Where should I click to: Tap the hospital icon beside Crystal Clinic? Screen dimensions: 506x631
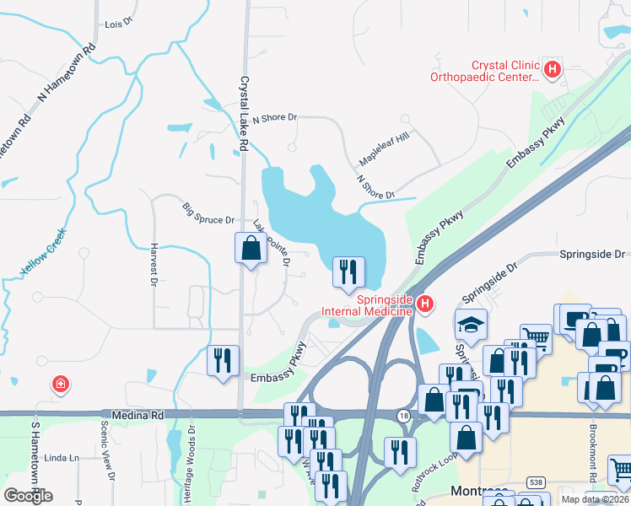click(x=553, y=69)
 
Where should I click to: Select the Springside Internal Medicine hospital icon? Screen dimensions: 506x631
click(x=426, y=304)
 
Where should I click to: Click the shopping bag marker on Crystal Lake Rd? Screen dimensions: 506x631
click(x=251, y=249)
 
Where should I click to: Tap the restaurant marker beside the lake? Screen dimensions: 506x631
click(x=349, y=272)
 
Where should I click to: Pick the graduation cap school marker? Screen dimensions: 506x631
click(x=470, y=324)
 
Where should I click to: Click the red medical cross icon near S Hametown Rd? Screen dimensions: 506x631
click(x=60, y=385)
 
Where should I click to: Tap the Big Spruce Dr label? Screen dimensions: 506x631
click(x=208, y=214)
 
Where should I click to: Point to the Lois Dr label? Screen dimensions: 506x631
click(x=119, y=24)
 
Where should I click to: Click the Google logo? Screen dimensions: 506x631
click(x=28, y=495)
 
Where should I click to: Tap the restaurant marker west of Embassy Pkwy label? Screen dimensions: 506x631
click(x=223, y=361)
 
